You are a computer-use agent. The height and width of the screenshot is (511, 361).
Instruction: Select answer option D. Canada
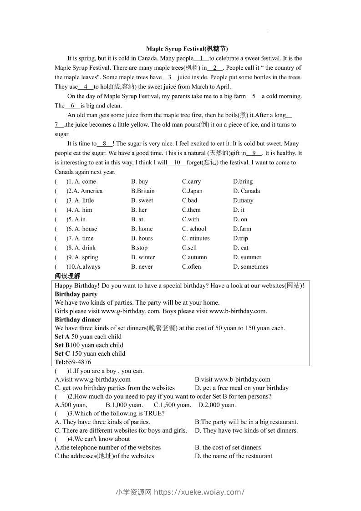[246, 191]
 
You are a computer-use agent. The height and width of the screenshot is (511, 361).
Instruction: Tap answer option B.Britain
[142, 191]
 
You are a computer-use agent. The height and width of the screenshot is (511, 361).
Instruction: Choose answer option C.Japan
[192, 191]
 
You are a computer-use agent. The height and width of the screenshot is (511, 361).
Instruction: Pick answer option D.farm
[242, 229]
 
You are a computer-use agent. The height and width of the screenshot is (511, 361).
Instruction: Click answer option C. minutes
[196, 238]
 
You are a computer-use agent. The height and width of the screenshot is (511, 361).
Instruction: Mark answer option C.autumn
[194, 257]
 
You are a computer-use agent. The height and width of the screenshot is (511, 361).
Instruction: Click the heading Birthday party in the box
[76, 294]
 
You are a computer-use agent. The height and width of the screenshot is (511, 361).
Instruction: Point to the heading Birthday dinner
[78, 320]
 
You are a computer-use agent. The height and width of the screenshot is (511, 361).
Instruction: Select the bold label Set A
[62, 337]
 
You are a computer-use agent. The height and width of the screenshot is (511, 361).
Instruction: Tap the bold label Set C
[62, 353]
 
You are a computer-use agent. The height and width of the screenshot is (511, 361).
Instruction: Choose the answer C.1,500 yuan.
[172, 405]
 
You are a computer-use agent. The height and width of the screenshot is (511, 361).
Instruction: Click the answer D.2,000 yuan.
[217, 405]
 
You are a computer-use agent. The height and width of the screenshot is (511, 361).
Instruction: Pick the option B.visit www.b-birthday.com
[233, 379]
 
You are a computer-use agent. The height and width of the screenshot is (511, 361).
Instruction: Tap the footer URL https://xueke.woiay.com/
[199, 492]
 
